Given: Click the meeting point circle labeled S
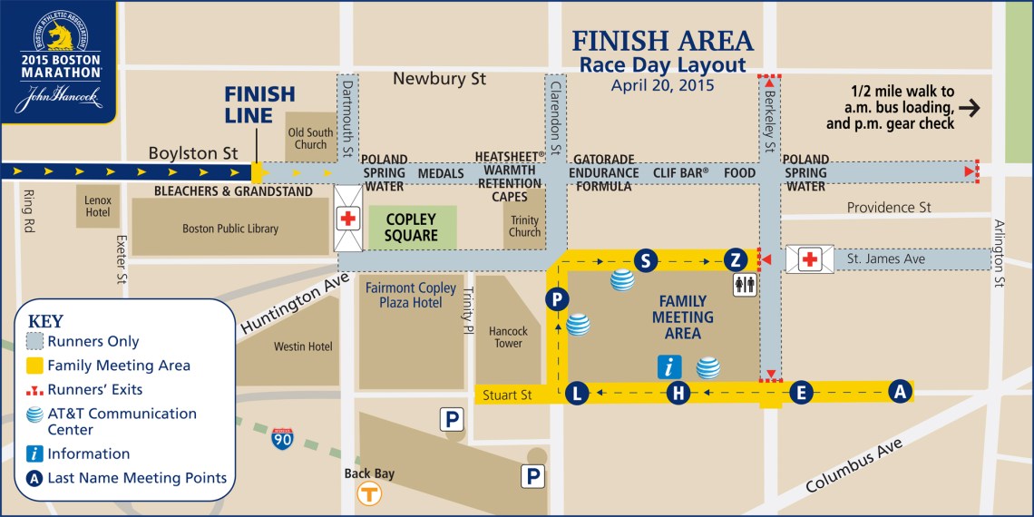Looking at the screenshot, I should [645, 261].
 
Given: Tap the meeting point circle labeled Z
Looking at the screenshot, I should [736, 261].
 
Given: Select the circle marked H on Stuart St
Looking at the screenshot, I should [678, 393].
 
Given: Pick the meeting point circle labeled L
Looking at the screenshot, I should [577, 393].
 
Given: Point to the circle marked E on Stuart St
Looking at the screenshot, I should [800, 392].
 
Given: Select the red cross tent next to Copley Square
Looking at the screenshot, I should [348, 219].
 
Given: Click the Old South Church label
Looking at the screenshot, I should [310, 139].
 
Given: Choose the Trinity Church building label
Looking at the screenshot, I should [524, 226].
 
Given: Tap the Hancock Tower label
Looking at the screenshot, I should [508, 337].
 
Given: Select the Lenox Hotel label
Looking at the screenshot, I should [98, 205].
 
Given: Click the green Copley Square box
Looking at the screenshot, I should [412, 228].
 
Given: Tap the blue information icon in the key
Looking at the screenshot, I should [34, 454].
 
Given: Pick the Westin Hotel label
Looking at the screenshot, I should [303, 346].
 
